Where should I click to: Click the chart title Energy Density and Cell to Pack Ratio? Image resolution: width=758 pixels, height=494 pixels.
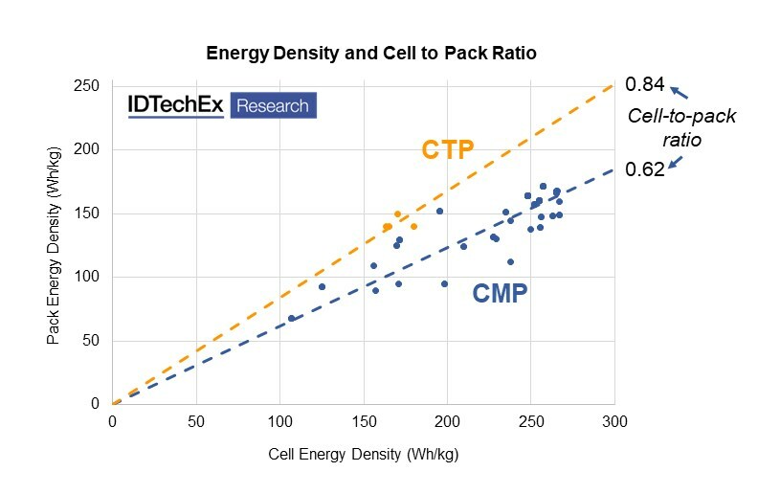pos(371,54)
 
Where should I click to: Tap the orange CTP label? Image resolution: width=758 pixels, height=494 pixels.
pos(449,150)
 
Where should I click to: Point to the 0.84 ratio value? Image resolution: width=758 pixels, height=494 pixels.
pos(644,85)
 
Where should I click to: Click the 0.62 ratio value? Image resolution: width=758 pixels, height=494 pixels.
pos(644,170)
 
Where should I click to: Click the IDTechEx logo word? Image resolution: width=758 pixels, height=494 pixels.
pos(176,105)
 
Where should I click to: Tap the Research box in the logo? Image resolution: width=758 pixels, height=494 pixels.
pos(273,105)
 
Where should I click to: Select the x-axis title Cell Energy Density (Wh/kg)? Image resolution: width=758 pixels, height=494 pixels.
pos(363,453)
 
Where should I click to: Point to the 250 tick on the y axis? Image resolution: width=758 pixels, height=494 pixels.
pos(89,86)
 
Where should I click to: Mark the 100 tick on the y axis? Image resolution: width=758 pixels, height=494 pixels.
pos(89,278)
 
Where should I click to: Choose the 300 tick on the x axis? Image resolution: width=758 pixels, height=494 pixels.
pos(614,421)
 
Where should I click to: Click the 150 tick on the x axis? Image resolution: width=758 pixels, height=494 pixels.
pos(364,421)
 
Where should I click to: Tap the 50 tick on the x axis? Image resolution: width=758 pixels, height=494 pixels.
pos(196,421)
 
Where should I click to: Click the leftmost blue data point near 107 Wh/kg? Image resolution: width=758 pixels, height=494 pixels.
pos(291,318)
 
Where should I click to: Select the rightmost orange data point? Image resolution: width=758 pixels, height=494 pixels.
pos(413,227)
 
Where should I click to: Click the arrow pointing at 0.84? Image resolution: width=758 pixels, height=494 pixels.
pos(678,92)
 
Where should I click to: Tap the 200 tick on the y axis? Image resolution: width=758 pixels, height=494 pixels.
pos(89,150)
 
